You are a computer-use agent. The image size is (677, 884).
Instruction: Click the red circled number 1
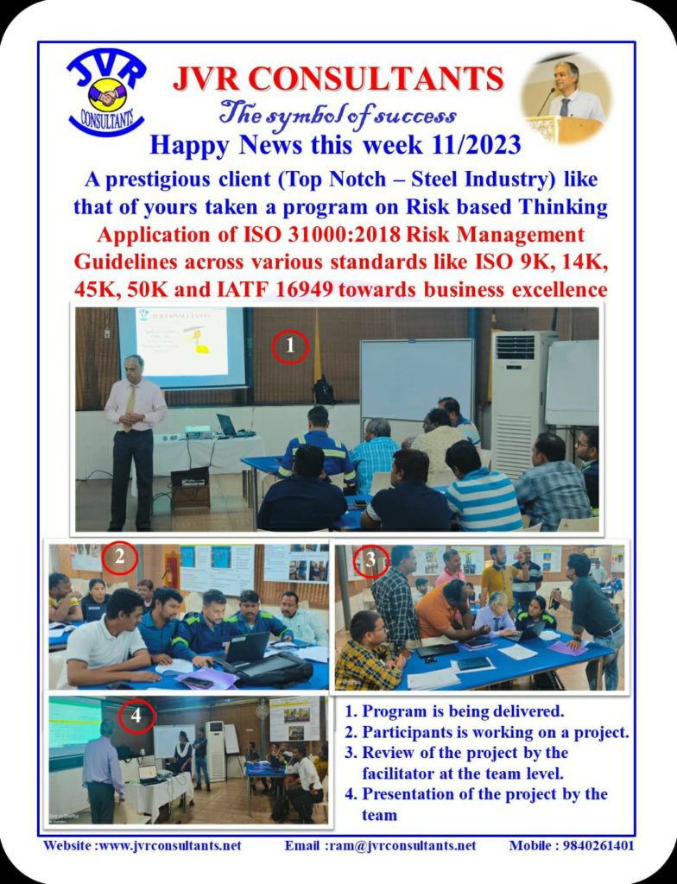(290, 346)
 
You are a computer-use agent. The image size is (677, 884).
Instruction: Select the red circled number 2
(120, 558)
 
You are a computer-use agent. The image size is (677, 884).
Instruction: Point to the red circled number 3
(370, 560)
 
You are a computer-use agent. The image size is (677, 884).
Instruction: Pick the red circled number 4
(136, 716)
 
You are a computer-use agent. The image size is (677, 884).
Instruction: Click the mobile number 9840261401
(599, 846)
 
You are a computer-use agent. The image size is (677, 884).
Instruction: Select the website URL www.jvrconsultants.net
(170, 846)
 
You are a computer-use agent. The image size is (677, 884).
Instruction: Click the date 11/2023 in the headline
(475, 145)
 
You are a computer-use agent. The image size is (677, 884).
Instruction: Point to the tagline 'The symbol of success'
(338, 115)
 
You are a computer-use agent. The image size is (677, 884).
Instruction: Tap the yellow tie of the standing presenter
(130, 407)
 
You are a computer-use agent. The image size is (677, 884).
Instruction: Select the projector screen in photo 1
(181, 346)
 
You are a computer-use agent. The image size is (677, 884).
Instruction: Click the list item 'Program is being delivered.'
(463, 711)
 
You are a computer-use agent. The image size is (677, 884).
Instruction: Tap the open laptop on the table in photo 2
(247, 647)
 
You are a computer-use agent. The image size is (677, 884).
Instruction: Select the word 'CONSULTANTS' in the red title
(376, 79)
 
